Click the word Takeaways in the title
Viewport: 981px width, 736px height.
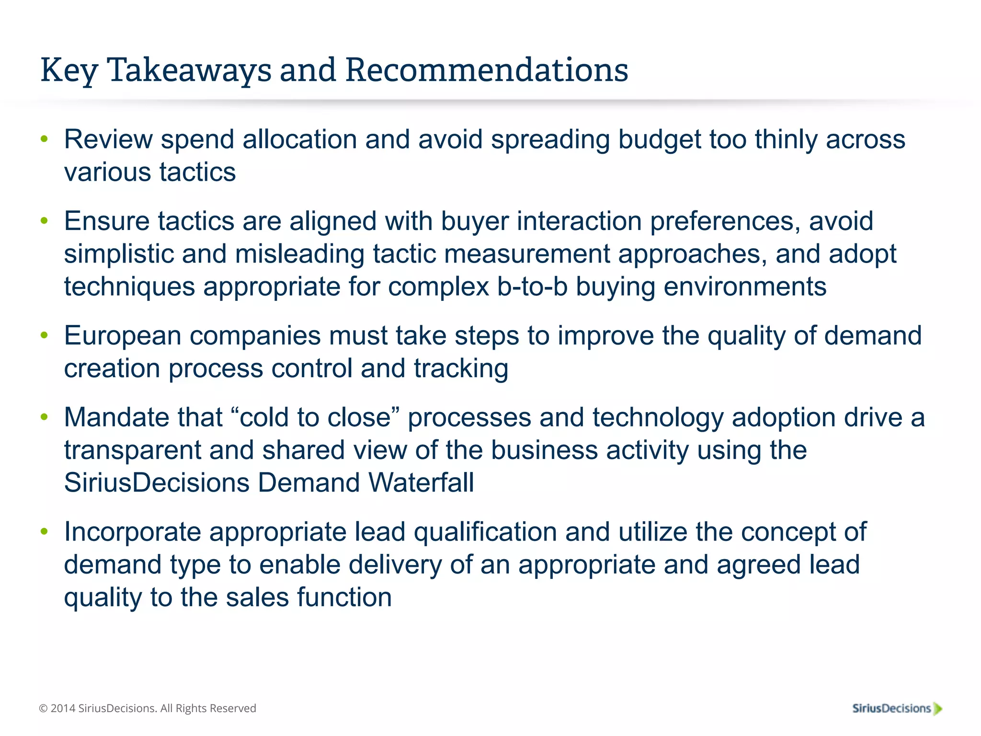(190, 70)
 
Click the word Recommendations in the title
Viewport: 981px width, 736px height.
(487, 70)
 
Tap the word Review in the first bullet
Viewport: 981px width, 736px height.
(108, 139)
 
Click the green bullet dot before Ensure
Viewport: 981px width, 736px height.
(45, 221)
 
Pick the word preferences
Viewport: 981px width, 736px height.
(725, 222)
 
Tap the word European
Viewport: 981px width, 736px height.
(123, 336)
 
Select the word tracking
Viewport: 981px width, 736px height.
(461, 369)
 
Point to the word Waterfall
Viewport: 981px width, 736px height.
(421, 483)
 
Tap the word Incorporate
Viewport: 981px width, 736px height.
(133, 532)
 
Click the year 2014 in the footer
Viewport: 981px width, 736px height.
(63, 708)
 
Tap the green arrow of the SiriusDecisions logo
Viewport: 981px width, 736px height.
(937, 709)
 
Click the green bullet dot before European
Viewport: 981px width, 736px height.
(45, 335)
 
